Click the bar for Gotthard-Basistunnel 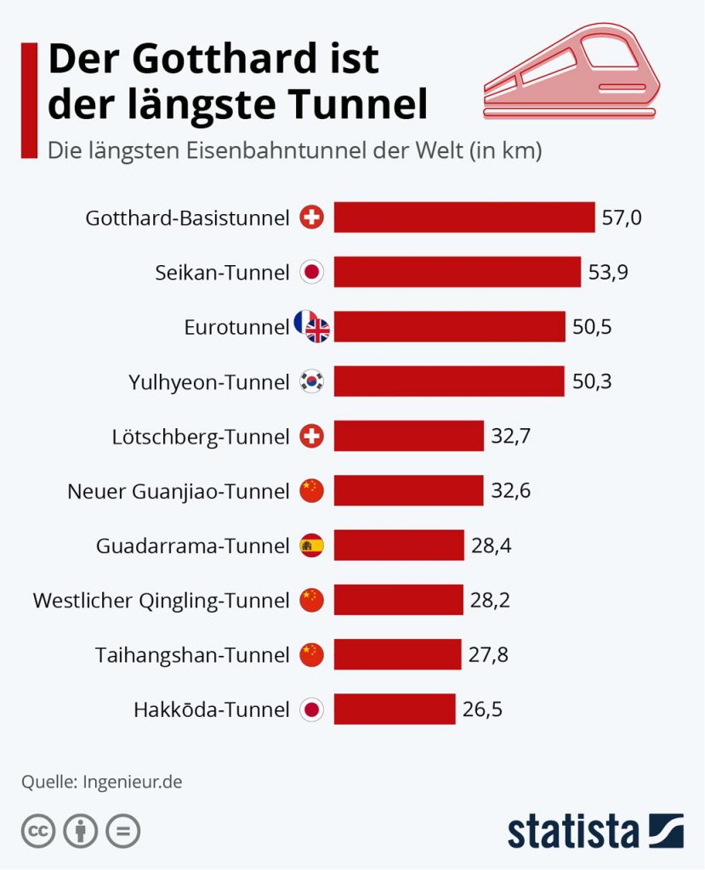click(x=463, y=217)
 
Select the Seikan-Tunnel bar click(x=458, y=272)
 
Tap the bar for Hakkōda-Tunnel click(x=395, y=709)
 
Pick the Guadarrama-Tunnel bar click(x=399, y=545)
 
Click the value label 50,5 click(x=592, y=327)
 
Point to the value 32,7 click(x=510, y=436)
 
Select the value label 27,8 click(x=488, y=655)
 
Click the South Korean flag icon click(x=311, y=381)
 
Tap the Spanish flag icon click(x=311, y=545)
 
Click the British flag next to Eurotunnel click(x=318, y=330)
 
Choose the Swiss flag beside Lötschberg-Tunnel click(x=311, y=436)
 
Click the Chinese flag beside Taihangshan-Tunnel click(x=311, y=655)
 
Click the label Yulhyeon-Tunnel click(x=209, y=382)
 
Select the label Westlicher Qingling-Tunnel click(x=161, y=601)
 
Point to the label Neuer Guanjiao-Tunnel click(x=179, y=492)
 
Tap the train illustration click(x=571, y=71)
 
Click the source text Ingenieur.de click(x=132, y=782)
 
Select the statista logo click(x=595, y=831)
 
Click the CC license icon click(x=38, y=831)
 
